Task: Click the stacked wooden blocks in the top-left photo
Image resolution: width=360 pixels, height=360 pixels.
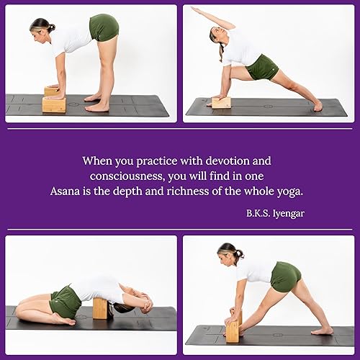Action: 53,100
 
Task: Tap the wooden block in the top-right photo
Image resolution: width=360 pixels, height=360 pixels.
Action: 221,102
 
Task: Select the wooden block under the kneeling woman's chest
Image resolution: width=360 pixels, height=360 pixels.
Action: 101,308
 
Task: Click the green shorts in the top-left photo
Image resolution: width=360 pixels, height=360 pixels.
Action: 104,28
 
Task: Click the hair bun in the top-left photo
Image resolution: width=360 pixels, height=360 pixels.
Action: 50,27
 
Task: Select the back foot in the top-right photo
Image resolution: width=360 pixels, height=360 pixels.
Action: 318,106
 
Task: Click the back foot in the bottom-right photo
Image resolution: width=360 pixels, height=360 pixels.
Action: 321,330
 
